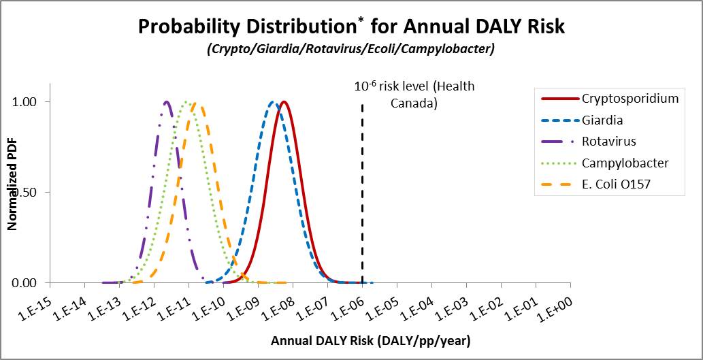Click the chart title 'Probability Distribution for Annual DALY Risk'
tap(351, 27)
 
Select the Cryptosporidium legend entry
tap(630, 98)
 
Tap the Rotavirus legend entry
tap(607, 142)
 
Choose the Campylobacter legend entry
tap(625, 163)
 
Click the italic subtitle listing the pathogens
tap(351, 50)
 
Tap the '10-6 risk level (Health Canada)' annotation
tap(414, 95)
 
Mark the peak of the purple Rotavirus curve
tap(166, 102)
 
